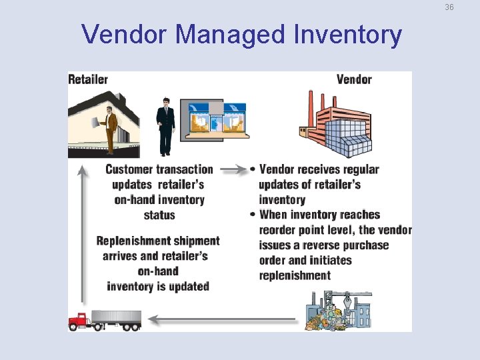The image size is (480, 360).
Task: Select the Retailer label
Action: [88, 79]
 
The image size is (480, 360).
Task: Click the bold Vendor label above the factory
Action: [354, 79]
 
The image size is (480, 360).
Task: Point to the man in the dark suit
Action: [165, 125]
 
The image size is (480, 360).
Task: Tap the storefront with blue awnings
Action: [217, 120]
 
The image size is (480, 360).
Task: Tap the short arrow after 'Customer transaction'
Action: [233, 169]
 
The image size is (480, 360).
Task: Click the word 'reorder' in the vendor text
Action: [281, 230]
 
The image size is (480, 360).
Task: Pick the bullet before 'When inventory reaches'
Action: [253, 215]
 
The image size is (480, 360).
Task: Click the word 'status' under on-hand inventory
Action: [159, 215]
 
